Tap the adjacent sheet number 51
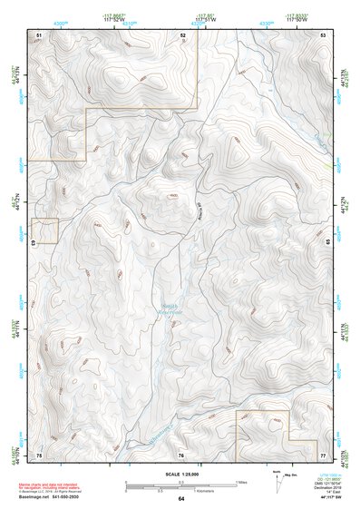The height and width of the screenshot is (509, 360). pos(39,34)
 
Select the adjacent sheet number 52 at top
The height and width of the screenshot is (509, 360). pos(182,34)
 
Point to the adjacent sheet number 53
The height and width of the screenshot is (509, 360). pos(324,34)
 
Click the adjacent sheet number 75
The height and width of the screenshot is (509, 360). pos(39,454)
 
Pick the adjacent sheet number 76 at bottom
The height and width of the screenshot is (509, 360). pos(181,454)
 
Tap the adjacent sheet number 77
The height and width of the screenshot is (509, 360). pos(324,454)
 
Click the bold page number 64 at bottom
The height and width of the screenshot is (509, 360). pos(181,499)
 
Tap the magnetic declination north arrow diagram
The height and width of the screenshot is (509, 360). pos(277,481)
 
